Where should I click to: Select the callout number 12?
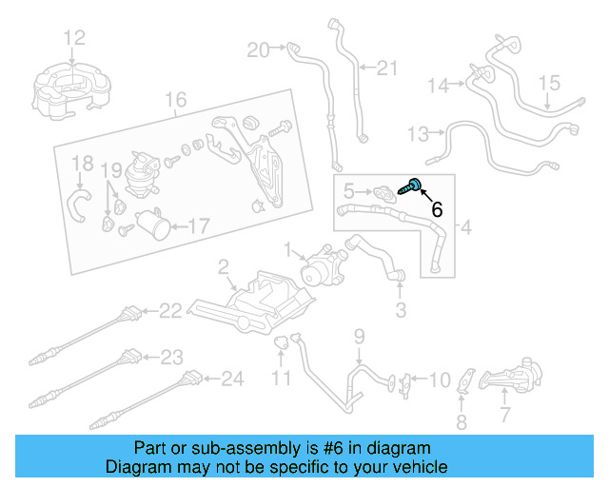click(x=74, y=38)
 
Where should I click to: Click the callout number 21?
click(x=385, y=68)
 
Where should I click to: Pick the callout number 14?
click(x=437, y=86)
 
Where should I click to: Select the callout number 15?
click(x=551, y=84)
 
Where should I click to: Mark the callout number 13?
click(x=418, y=132)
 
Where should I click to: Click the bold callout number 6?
click(x=437, y=209)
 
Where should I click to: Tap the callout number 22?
click(x=169, y=310)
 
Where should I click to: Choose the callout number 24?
click(x=232, y=380)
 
